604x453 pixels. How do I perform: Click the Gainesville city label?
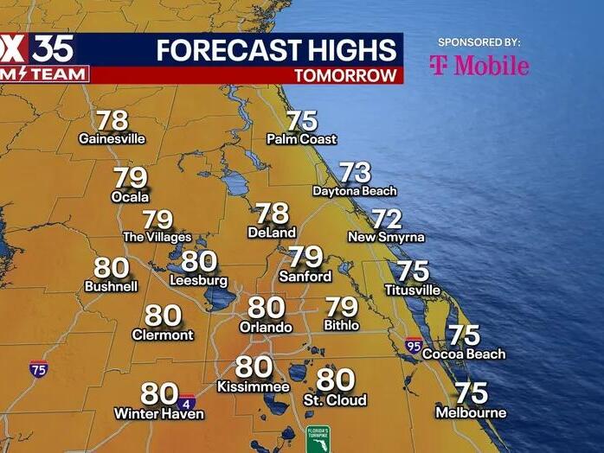[112, 138]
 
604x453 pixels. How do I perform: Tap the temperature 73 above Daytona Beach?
[355, 173]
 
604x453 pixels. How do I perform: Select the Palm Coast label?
[301, 138]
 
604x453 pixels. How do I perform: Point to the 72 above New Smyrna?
[387, 220]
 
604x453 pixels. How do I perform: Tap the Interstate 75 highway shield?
[38, 368]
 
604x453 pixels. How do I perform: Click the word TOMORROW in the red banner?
[344, 75]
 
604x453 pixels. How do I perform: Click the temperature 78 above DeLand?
[272, 214]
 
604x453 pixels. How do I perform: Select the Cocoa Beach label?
[464, 354]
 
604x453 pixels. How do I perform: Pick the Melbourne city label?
[471, 412]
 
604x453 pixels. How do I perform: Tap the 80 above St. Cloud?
[335, 380]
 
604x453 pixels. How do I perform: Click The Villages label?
[157, 237]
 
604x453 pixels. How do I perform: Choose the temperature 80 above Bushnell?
[111, 268]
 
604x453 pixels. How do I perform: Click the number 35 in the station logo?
[54, 48]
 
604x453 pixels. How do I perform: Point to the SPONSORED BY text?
[479, 41]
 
